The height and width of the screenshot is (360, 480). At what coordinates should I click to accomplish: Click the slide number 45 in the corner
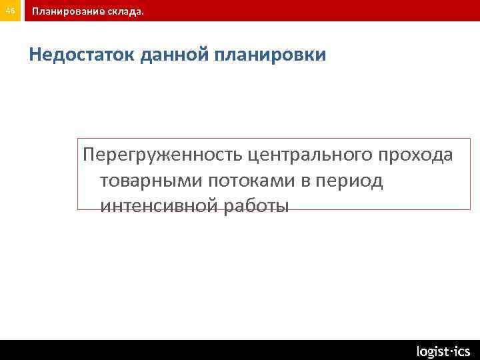[10, 11]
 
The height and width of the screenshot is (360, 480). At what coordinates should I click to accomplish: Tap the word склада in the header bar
[123, 11]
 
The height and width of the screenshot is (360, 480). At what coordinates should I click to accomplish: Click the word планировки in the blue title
[271, 55]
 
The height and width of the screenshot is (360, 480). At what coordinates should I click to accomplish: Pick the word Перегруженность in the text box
[161, 156]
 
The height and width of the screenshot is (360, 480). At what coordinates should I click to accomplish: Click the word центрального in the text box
[310, 156]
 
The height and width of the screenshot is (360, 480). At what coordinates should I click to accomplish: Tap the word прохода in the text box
[415, 156]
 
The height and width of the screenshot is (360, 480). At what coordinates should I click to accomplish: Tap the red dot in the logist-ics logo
[449, 349]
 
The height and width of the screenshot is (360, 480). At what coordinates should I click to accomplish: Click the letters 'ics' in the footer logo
[461, 351]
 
